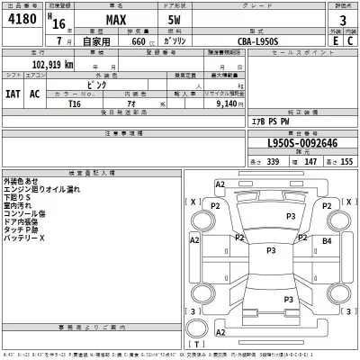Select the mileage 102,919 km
(x=44, y=66)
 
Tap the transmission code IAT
(x=13, y=94)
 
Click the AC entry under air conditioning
(x=35, y=94)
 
